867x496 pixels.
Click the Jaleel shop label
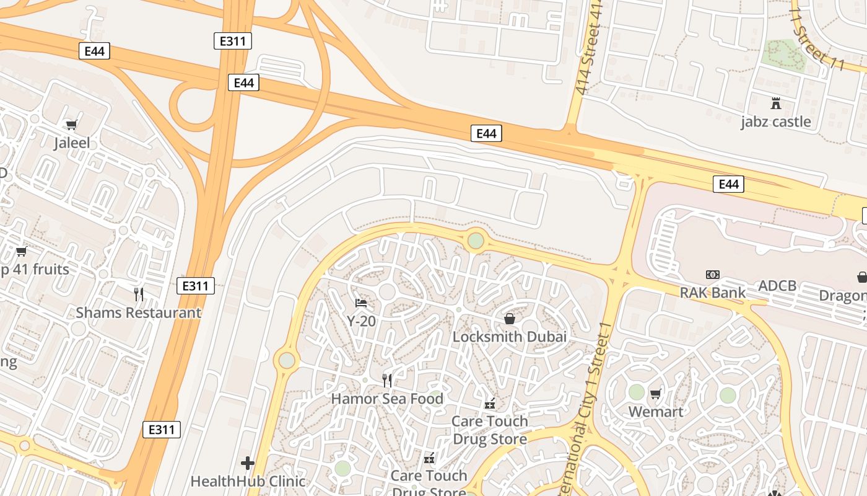[72, 143]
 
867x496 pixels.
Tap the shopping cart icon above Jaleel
[72, 125]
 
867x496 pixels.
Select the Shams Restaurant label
[139, 312]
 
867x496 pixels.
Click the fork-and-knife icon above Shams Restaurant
[139, 294]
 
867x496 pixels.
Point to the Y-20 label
[361, 321]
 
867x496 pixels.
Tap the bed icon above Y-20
[361, 303]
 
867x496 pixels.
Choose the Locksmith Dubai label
[510, 337]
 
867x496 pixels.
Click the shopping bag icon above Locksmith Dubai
[510, 319]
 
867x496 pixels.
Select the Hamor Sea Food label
[387, 399]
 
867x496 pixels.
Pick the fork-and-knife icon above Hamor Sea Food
[387, 380]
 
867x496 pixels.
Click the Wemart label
[656, 412]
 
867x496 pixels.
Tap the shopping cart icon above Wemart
[656, 394]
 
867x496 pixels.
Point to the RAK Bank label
[713, 293]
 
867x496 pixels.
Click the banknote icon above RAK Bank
[713, 274]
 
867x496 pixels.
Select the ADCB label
[778, 286]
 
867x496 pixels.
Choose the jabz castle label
[776, 122]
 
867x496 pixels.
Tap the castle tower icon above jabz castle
[776, 103]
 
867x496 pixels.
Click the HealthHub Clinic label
[248, 481]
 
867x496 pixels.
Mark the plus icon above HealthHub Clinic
[248, 463]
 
